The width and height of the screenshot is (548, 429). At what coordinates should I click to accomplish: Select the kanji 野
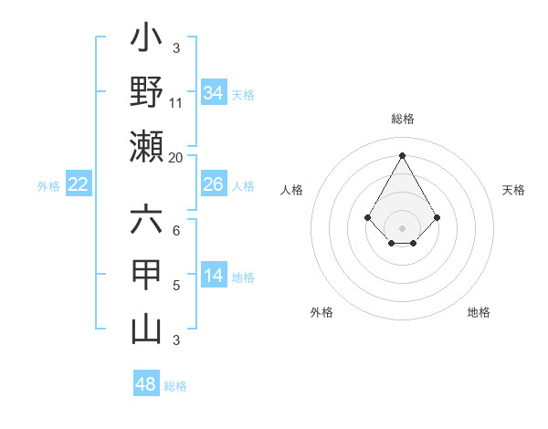click(146, 92)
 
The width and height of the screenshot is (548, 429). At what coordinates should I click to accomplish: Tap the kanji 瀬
click(146, 147)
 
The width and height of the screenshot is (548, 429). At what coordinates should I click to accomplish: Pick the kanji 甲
click(146, 275)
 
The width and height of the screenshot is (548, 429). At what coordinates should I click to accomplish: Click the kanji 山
click(146, 330)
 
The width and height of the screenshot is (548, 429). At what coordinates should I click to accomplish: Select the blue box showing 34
click(213, 93)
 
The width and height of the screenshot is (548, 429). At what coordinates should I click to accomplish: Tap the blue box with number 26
click(213, 184)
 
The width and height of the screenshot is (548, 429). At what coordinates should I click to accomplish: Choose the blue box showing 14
click(213, 276)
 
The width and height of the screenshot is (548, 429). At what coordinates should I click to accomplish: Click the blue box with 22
click(78, 184)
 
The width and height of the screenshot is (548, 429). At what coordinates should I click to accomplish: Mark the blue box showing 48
click(145, 384)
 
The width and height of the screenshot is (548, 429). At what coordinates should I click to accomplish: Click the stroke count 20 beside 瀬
click(176, 158)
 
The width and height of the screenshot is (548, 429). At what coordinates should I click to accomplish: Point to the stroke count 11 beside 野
click(176, 103)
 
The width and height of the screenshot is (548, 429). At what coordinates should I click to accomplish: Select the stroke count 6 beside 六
click(176, 231)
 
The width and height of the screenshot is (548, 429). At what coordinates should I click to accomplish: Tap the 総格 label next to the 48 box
click(175, 386)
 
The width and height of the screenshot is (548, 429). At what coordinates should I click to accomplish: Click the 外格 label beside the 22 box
click(48, 186)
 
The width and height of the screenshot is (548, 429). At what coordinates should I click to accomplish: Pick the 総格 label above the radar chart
click(403, 119)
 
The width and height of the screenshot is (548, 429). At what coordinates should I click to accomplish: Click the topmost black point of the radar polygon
click(402, 154)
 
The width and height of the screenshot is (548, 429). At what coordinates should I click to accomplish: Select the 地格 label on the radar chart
click(479, 312)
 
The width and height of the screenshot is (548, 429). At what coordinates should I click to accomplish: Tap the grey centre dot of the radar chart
click(402, 227)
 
